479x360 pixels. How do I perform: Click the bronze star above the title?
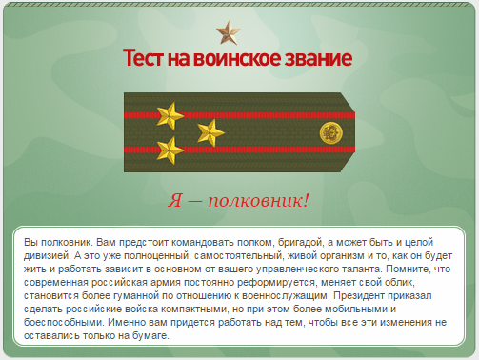228,34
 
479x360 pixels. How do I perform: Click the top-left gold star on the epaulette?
170,117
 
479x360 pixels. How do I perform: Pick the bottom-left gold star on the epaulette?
170,149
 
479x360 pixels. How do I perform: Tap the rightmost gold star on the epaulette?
210,132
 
